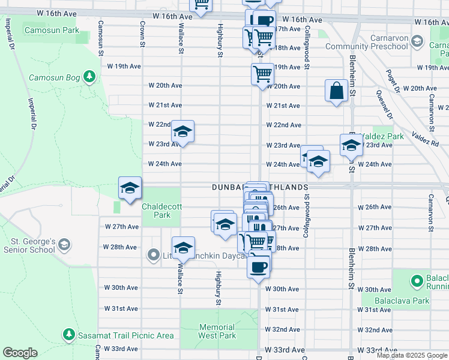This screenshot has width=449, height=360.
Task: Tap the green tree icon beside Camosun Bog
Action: pos(89,77)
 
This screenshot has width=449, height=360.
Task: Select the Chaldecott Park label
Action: pos(157,210)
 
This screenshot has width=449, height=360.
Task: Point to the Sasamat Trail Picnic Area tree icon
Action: pos(68,334)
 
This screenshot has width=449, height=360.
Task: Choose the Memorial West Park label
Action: pos(217,332)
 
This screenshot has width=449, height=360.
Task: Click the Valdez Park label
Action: pos(388,136)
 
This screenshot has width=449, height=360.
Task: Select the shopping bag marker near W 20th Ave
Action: pos(337,91)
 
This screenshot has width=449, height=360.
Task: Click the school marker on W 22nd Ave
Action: pos(182,131)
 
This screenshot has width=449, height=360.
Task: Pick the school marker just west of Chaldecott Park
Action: pos(130,188)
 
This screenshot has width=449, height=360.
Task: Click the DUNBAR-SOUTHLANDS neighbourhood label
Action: pos(260,187)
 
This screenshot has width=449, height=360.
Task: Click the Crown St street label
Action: pos(143,34)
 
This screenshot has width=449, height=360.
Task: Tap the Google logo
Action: pos(20,353)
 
